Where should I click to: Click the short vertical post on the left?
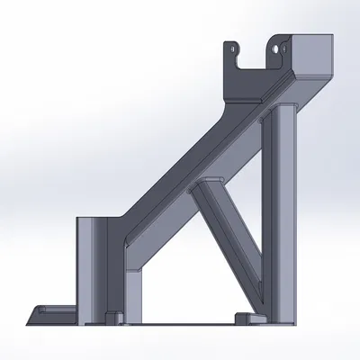tap(92, 265)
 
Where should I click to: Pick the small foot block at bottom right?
tap(244, 317)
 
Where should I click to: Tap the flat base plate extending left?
tap(54, 315)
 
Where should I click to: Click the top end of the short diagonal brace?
tap(206, 184)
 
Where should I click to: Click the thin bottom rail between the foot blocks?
tap(180, 320)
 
